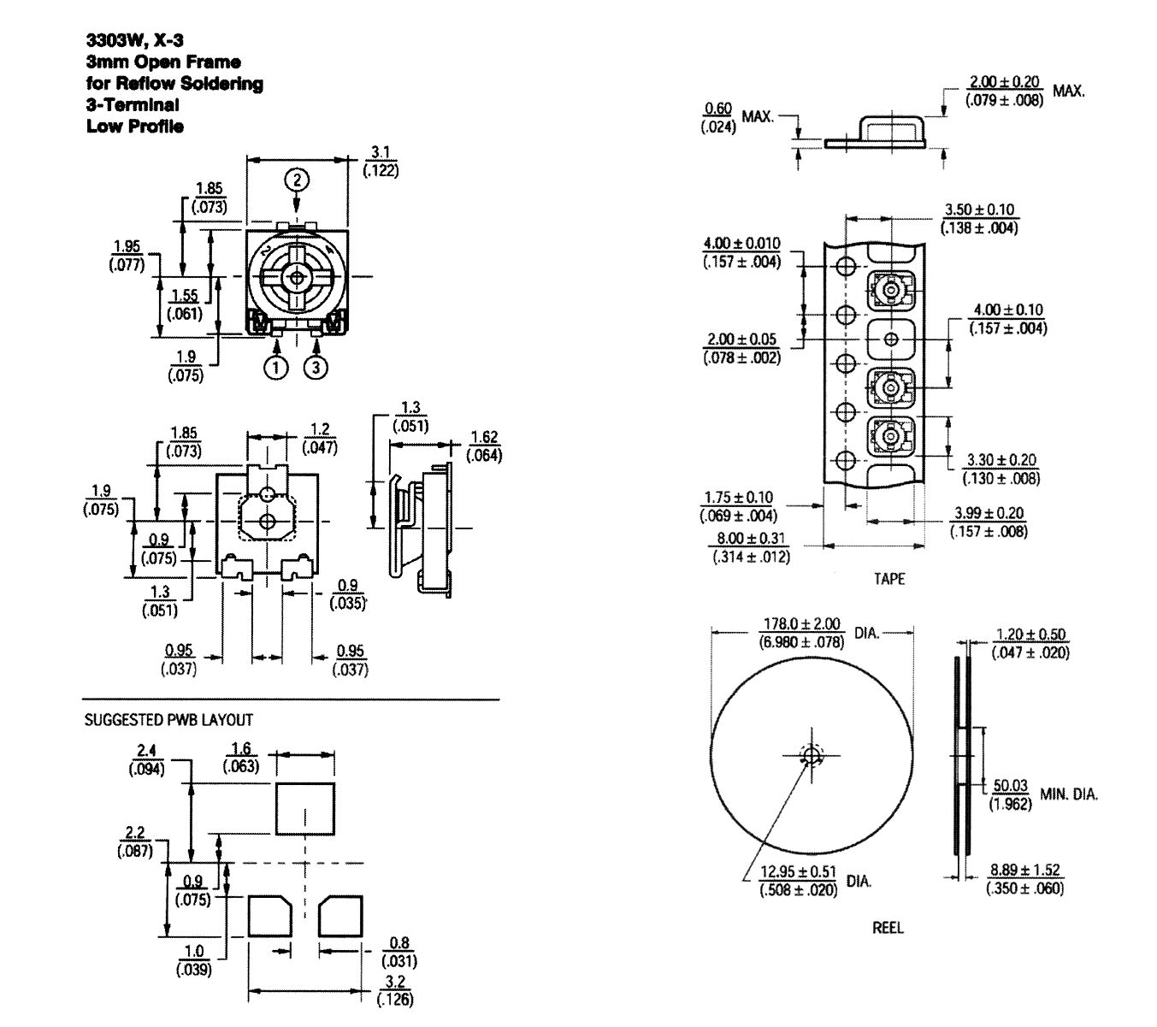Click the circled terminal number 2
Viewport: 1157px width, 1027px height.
297,180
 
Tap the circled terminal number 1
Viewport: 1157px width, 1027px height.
276,367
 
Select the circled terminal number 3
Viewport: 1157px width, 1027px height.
316,367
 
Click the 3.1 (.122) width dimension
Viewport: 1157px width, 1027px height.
381,162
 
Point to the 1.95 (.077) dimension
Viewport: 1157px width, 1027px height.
127,256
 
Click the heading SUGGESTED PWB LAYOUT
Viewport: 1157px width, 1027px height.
168,720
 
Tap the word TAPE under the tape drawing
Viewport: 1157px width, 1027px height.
889,579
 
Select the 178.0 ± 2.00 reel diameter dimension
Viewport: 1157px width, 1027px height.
802,633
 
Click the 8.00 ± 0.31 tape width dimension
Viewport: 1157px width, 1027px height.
751,547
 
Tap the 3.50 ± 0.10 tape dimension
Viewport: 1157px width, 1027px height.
979,219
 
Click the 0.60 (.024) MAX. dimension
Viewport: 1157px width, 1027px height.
737,118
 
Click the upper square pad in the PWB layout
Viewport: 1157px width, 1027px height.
305,808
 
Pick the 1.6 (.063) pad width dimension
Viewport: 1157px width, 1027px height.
241,758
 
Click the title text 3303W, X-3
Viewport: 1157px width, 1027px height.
135,40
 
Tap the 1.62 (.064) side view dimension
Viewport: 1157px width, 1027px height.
484,446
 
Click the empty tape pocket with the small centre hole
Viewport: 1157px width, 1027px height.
891,339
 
